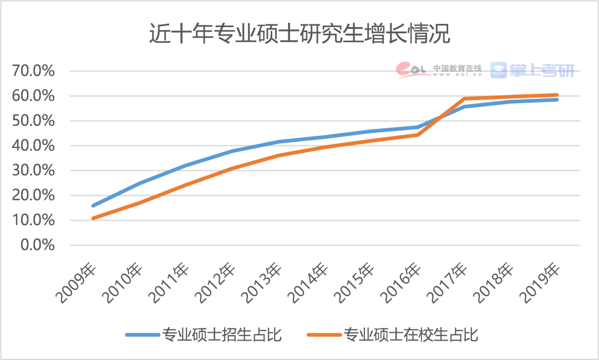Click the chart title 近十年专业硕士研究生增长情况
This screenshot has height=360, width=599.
pos(299,34)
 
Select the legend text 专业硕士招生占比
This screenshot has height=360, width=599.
pos(222,335)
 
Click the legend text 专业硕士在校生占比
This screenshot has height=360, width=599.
pos(411,335)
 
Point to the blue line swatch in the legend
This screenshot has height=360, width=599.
pos(141,335)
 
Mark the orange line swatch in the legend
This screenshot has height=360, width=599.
pos(324,335)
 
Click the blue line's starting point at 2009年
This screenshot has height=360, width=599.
pos(93,206)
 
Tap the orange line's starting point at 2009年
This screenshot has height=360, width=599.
pos(93,218)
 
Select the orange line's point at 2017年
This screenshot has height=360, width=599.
pos(464,99)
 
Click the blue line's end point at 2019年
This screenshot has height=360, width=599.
pos(557,99)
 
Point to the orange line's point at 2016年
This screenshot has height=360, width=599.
pos(418,135)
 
